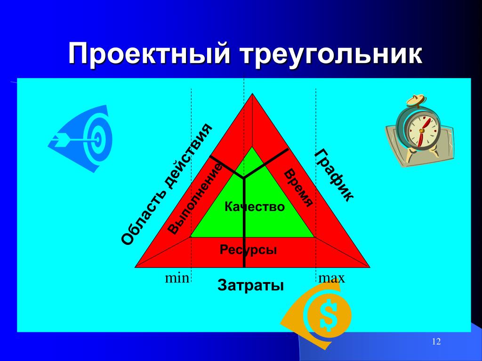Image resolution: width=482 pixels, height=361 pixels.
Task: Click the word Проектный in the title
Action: click(149, 55)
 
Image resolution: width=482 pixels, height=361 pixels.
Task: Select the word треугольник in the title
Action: click(331, 55)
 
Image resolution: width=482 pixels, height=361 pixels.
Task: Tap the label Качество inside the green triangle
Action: click(255, 207)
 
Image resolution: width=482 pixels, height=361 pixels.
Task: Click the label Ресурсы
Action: click(248, 250)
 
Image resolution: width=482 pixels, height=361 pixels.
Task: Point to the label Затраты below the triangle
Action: click(250, 285)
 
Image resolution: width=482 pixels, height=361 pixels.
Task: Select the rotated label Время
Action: click(298, 188)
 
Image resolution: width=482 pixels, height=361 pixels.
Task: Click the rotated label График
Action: click(334, 175)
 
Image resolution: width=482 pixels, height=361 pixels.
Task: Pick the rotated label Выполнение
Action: click(195, 199)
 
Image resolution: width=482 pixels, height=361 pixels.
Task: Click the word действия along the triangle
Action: click(189, 155)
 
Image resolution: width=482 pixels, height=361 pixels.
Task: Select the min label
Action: click(177, 278)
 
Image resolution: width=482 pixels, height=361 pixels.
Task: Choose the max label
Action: click(332, 278)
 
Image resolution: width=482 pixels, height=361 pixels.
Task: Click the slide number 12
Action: click(436, 341)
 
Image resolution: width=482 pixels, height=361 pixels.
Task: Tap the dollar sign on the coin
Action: click(328, 314)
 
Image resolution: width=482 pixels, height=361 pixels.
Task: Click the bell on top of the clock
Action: click(416, 101)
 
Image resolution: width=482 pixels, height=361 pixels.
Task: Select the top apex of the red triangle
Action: click(253, 94)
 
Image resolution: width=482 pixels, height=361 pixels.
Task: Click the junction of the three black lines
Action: click(244, 178)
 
